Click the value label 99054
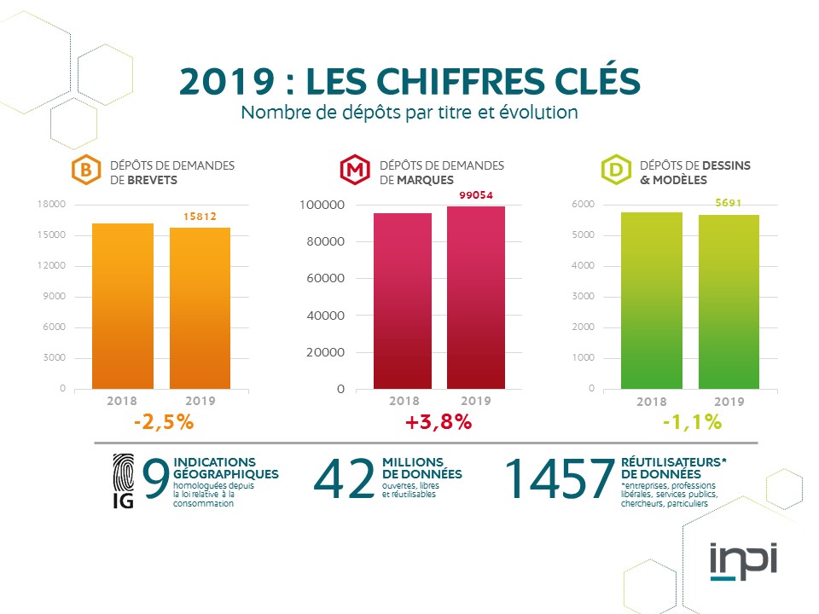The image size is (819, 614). pyautogui.click(x=475, y=195)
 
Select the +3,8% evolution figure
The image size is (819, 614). pyautogui.click(x=439, y=421)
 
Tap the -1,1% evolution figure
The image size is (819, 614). pyautogui.click(x=692, y=421)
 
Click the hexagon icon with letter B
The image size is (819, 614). pyautogui.click(x=84, y=171)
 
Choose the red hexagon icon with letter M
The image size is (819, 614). pyautogui.click(x=353, y=171)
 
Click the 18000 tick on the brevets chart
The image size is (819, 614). pyautogui.click(x=54, y=205)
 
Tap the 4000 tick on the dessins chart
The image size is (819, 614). pyautogui.click(x=584, y=266)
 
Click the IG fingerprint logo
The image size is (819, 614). pyautogui.click(x=124, y=481)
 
